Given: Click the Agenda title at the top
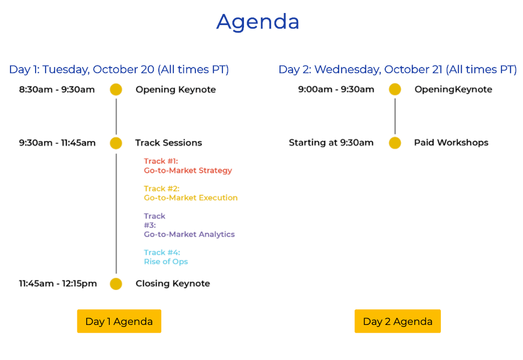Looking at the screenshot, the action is pos(258,22).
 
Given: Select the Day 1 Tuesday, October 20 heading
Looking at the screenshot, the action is pos(119,70).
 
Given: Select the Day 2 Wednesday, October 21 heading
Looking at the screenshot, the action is pos(397,70).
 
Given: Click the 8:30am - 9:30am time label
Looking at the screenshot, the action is pos(57,89).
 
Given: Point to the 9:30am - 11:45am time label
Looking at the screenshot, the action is pos(57,143).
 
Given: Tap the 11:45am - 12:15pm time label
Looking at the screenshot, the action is pos(58,284).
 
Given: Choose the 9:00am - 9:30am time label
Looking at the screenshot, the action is pos(336,89).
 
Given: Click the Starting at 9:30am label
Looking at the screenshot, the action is pos(331,143).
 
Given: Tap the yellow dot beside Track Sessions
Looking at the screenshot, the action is pos(116,143).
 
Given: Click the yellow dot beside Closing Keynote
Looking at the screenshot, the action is pos(116,284).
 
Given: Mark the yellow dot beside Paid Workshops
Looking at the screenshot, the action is pos(395,143).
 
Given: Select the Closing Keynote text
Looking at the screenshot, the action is pos(173,284).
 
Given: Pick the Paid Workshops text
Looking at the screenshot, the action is pos(451,143).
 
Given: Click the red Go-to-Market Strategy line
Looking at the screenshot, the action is pos(188,171).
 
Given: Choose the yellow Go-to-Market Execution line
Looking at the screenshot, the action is pos(191,198).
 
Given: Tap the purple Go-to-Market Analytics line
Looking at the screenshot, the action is pos(189,234).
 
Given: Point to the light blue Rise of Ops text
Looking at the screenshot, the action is pos(166,262).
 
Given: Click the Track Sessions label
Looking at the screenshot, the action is pos(169,143).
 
